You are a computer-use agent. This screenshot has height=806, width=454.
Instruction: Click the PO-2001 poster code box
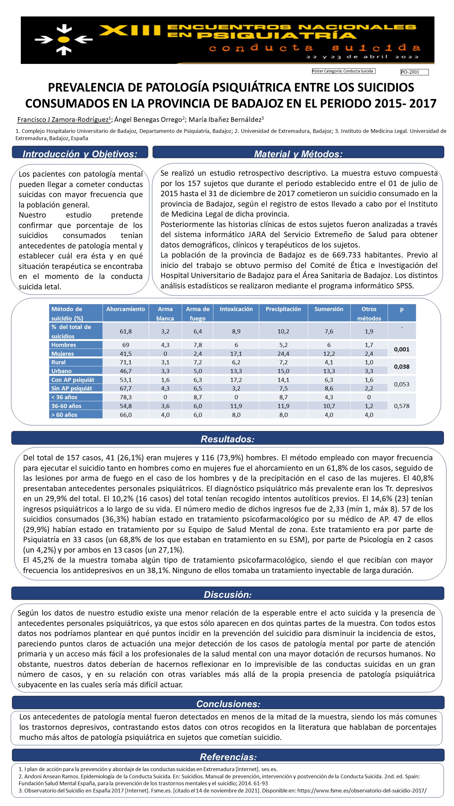click(x=414, y=72)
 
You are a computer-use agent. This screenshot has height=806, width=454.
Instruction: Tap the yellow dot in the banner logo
click(x=64, y=40)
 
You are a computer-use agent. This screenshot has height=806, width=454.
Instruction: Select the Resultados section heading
click(x=228, y=439)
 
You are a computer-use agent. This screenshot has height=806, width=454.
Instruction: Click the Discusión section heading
click(x=228, y=594)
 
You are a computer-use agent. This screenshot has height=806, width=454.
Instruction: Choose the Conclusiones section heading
click(x=228, y=704)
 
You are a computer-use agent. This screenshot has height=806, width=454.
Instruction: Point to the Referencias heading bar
click(x=228, y=757)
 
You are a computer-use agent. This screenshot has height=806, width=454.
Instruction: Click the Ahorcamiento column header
click(x=125, y=309)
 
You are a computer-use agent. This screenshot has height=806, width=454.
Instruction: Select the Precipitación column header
click(x=283, y=309)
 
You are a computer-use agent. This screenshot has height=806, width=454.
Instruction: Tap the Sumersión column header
click(x=329, y=309)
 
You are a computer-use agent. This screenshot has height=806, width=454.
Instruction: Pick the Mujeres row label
click(x=62, y=354)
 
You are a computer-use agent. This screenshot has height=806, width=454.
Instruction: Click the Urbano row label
click(x=61, y=371)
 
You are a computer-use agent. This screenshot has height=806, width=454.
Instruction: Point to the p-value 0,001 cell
click(x=402, y=349)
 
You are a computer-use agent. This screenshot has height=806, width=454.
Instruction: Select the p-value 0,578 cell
click(x=402, y=406)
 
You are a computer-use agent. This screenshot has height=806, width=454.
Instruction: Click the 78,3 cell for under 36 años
click(x=125, y=397)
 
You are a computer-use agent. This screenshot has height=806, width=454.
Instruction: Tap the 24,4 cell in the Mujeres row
click(x=283, y=354)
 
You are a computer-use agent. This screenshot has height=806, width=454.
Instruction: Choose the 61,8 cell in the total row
click(x=125, y=331)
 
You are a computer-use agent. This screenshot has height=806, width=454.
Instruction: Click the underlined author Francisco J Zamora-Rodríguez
click(x=63, y=120)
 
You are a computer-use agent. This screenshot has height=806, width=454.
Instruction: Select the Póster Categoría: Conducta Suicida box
click(x=343, y=71)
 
